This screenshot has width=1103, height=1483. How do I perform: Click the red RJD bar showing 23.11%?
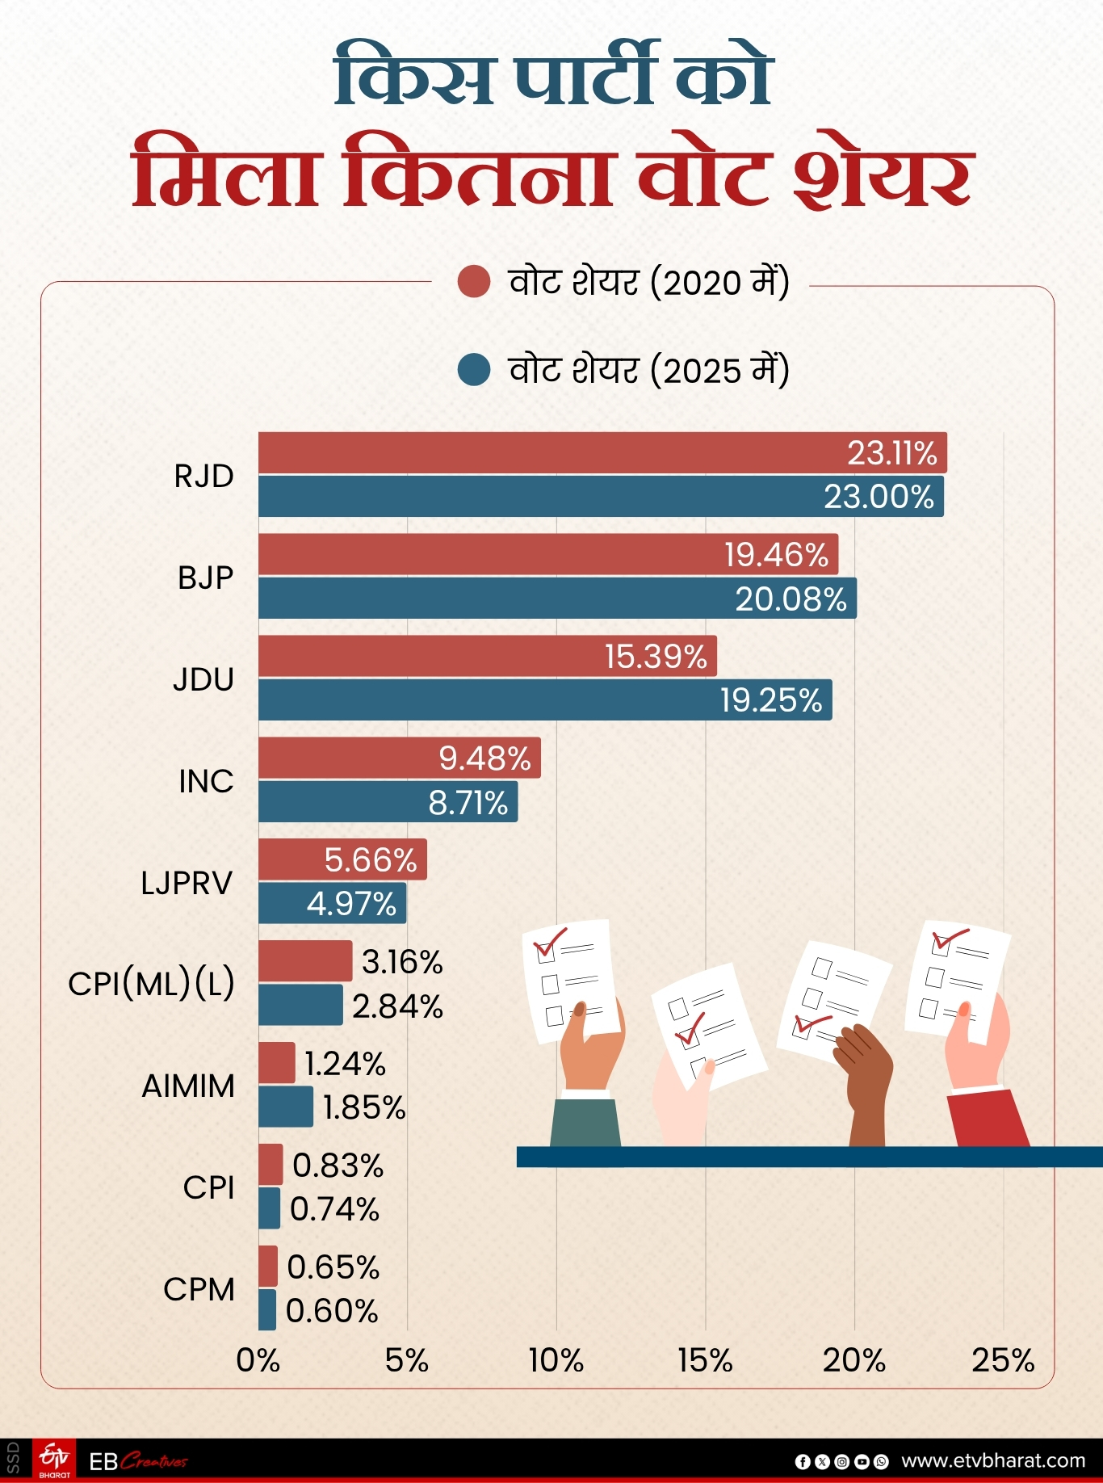tap(602, 453)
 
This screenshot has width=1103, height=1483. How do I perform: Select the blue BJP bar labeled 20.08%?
tap(557, 599)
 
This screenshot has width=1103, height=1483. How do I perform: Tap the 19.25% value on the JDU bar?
tap(770, 700)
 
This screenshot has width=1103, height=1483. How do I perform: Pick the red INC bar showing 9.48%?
tap(399, 758)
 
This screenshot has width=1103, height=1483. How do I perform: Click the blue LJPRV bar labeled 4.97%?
tap(332, 903)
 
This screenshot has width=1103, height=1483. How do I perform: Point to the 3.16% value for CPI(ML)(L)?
tap(402, 962)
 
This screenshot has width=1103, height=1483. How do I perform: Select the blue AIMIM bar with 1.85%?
tap(285, 1107)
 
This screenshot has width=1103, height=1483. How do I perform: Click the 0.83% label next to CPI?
tap(338, 1166)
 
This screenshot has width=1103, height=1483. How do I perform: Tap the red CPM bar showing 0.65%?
tap(268, 1266)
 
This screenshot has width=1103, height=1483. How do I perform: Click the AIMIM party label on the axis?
tap(188, 1086)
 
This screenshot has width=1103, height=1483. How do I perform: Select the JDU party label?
tap(203, 679)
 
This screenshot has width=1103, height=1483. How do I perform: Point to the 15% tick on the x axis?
tap(705, 1361)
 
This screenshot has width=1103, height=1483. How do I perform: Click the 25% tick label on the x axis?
tap(1002, 1361)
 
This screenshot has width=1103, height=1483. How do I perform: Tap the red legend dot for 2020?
tap(474, 282)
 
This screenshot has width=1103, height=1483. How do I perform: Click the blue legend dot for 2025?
tap(474, 370)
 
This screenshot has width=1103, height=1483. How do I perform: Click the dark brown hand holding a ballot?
tap(866, 1074)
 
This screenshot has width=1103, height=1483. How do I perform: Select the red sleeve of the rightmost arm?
tap(989, 1119)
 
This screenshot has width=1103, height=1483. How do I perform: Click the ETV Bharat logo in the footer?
tap(55, 1460)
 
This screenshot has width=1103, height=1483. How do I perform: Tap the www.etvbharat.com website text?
tap(992, 1460)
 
